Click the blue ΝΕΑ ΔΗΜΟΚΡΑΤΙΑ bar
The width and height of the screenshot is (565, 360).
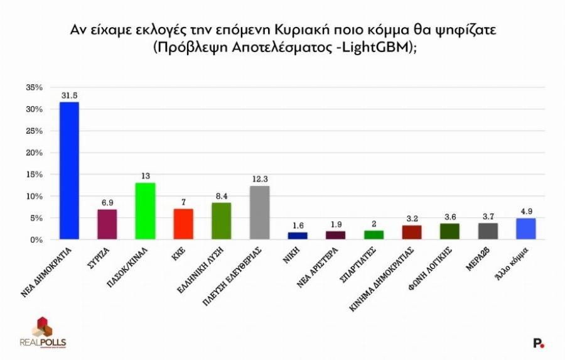click(69, 170)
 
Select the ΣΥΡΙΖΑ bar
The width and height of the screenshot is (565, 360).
click(107, 224)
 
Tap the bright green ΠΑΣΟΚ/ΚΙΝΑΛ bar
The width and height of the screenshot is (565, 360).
click(145, 211)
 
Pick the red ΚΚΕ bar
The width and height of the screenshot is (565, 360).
click(183, 224)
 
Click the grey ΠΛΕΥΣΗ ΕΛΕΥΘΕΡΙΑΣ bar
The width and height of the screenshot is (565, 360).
click(259, 212)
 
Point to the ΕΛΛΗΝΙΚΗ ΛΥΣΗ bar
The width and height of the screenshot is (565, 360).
click(221, 221)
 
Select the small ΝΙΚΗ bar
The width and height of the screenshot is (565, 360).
click(298, 236)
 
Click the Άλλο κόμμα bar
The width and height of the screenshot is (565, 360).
click(525, 229)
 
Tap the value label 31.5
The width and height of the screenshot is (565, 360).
click(69, 95)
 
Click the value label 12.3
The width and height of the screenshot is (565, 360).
click(259, 179)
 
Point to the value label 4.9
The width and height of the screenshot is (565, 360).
click(525, 211)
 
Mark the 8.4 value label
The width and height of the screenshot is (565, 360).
click(221, 196)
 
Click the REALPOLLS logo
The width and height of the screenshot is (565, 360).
click(43, 333)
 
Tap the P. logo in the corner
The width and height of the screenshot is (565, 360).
click(538, 343)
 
